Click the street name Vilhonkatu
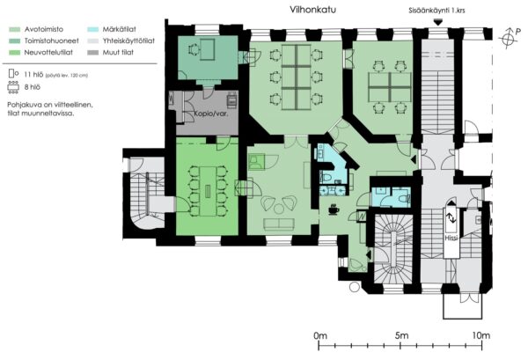coord(312,10)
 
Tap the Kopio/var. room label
coord(211,114)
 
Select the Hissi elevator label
coord(451,238)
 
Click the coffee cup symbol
coord(334,209)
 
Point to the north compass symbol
coord(508,38)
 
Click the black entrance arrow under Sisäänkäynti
coord(437,23)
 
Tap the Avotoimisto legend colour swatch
coord(14,30)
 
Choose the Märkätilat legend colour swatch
coord(93,30)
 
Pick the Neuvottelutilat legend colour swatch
coord(14,53)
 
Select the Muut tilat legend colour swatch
coord(93,53)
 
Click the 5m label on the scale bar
coord(402,335)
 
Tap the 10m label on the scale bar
coord(480,335)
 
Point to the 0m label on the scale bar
coord(320,335)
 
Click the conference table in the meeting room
coord(208,191)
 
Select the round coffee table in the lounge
coord(278,209)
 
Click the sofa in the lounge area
coord(279,224)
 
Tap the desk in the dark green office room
coord(207,49)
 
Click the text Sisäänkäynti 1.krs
coord(436,11)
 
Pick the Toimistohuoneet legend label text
coord(52,40)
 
